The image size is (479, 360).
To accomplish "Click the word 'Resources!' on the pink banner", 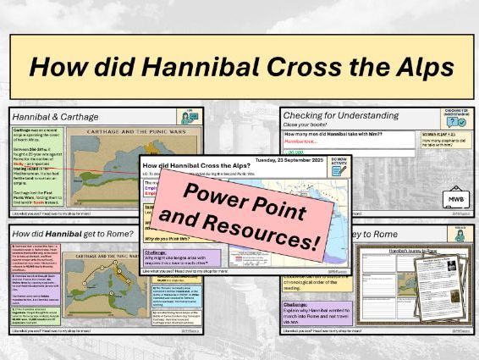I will pyautogui.click(x=278, y=234).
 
